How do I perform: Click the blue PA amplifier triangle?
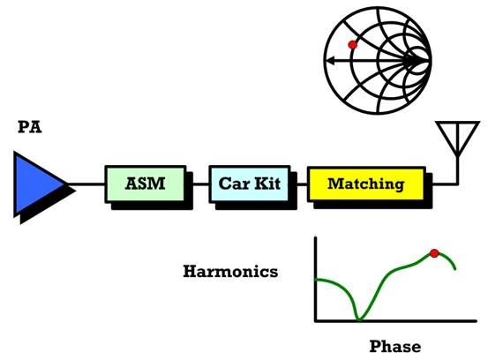(x=36, y=184)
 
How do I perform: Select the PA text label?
(x=30, y=127)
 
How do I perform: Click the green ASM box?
(x=146, y=184)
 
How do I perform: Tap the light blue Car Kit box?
(x=250, y=184)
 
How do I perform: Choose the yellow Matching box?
(x=366, y=184)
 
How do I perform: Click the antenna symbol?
(x=457, y=139)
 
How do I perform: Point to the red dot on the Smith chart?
(x=353, y=45)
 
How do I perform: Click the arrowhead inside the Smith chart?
(x=332, y=61)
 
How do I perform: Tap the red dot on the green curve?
(x=434, y=253)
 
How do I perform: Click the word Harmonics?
(x=230, y=271)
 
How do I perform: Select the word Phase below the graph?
(x=395, y=346)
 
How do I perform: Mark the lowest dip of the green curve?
(x=359, y=319)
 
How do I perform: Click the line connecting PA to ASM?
(x=86, y=184)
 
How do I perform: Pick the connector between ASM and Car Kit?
(x=201, y=184)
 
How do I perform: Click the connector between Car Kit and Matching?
(x=302, y=184)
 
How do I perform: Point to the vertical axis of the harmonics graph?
(x=316, y=279)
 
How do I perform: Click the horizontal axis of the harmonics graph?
(x=395, y=320)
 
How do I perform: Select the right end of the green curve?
(x=455, y=268)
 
